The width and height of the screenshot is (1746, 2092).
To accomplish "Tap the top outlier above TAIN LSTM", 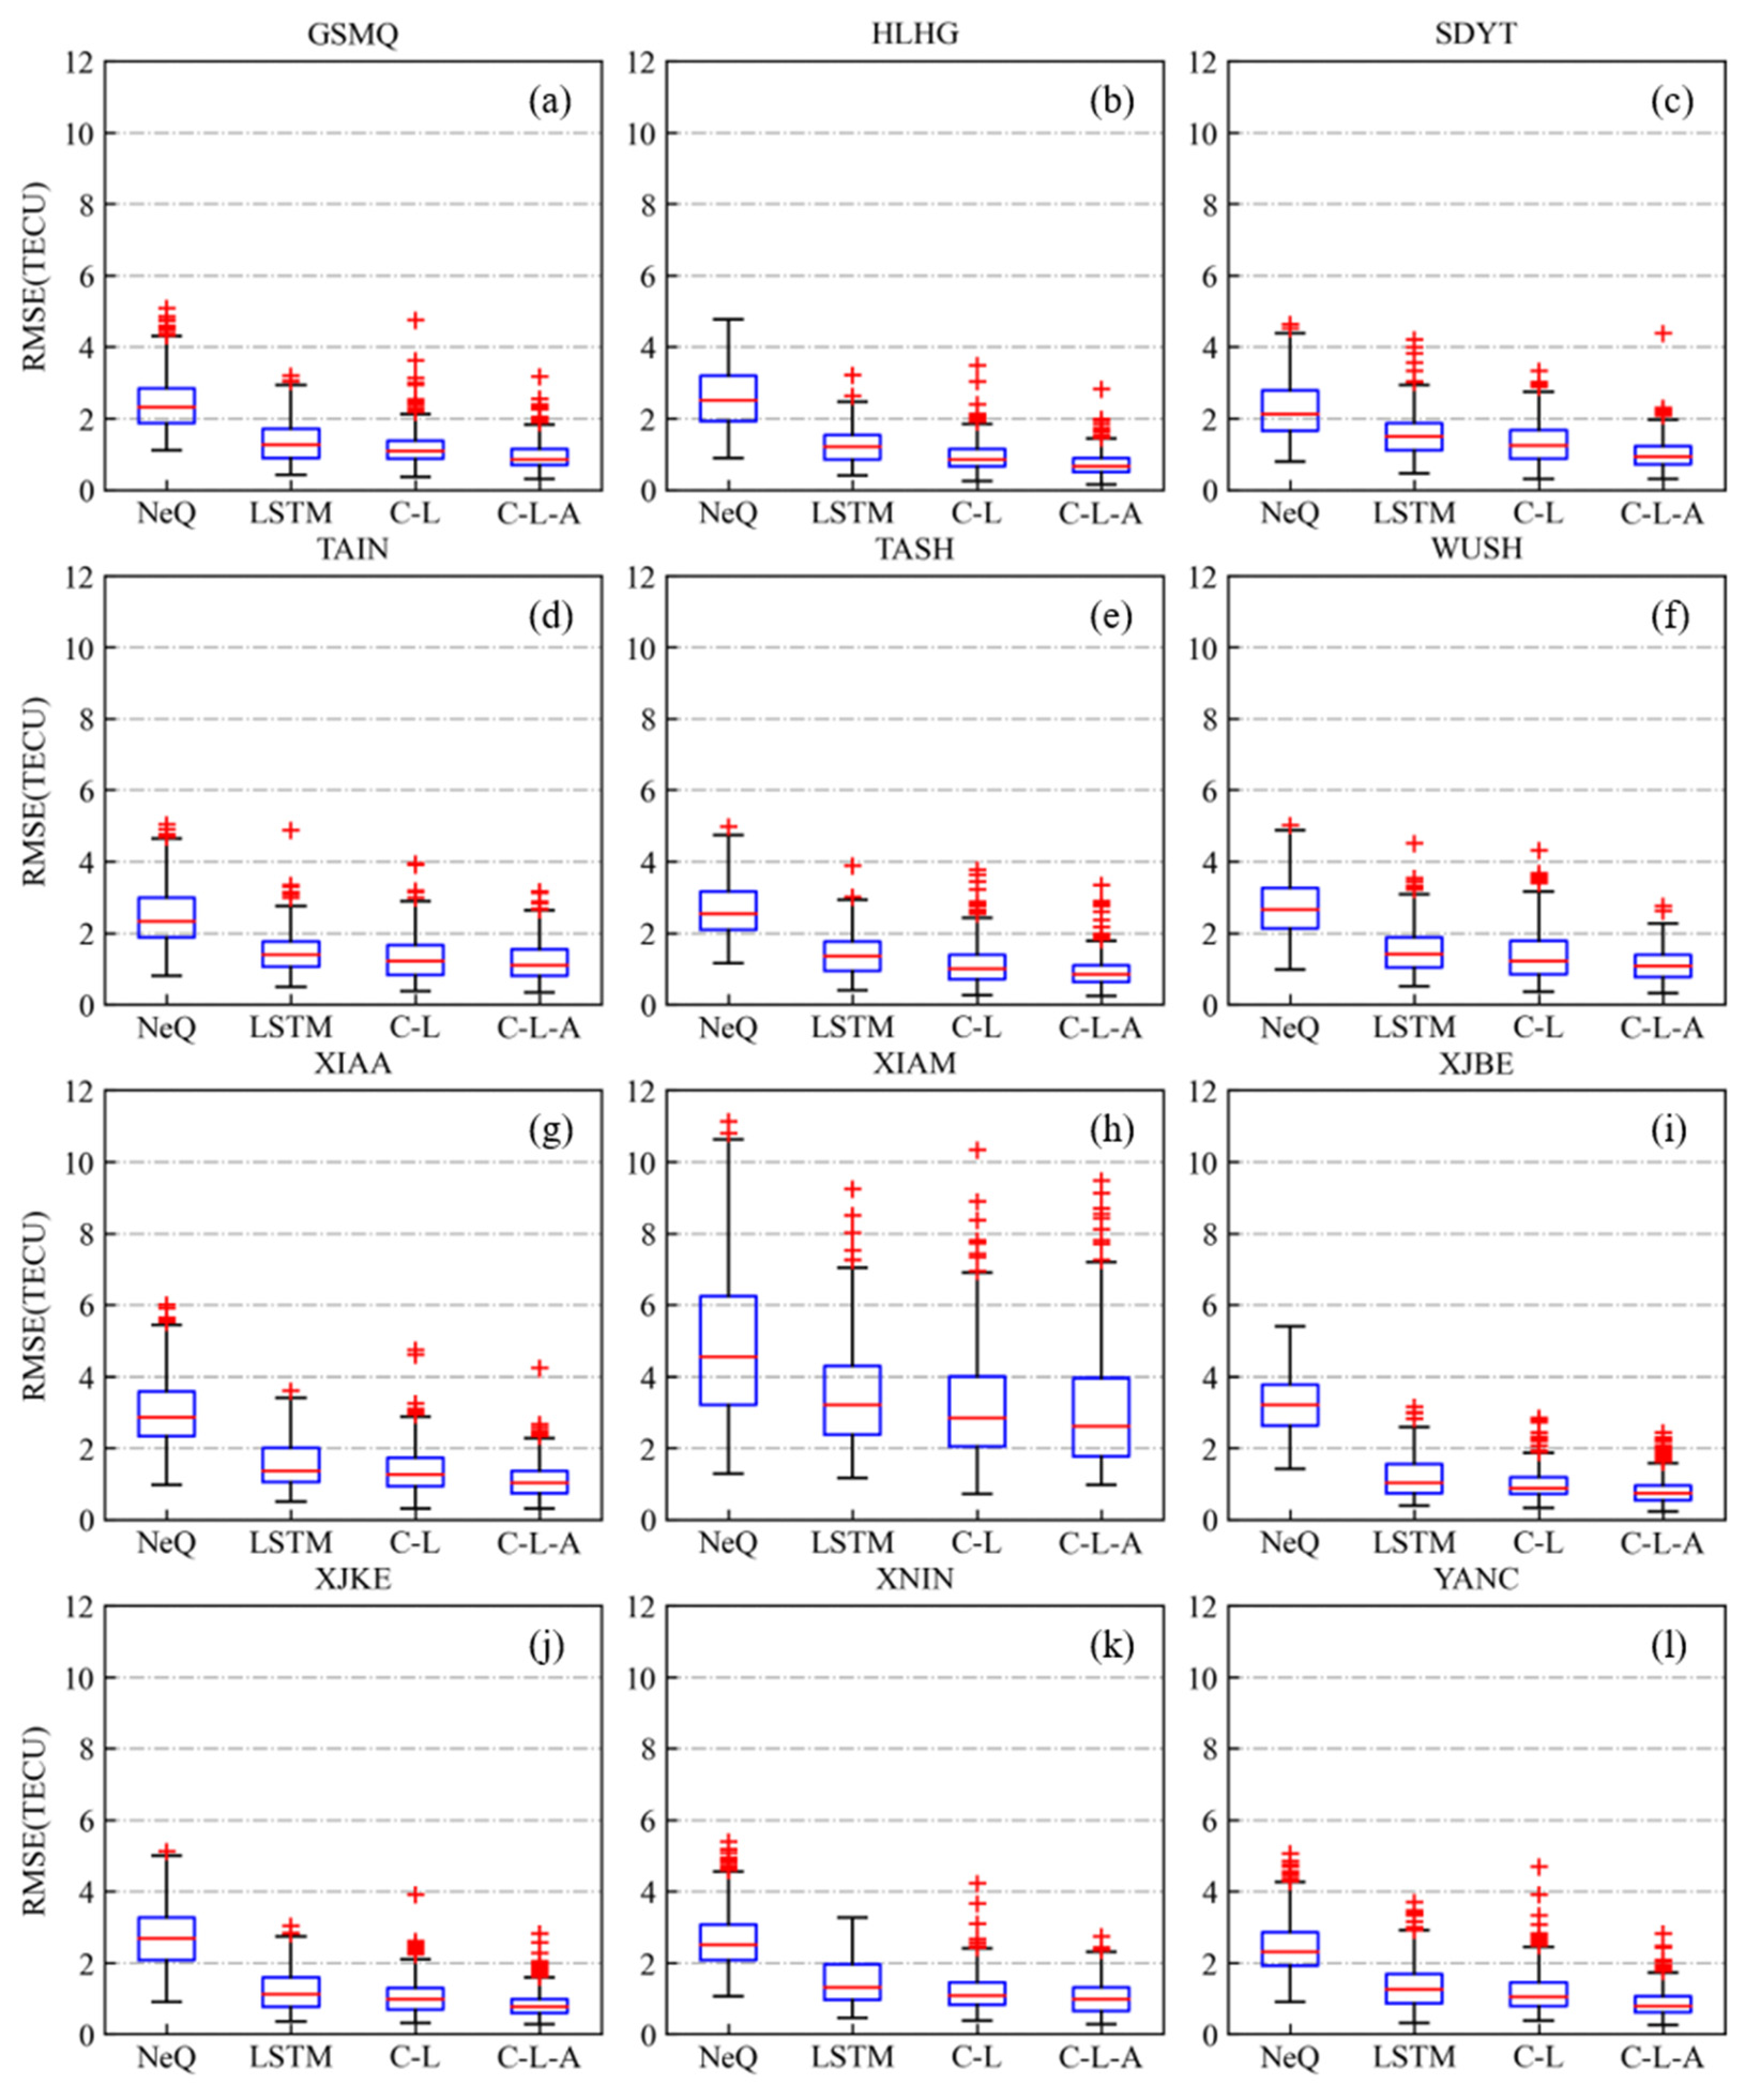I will [291, 830].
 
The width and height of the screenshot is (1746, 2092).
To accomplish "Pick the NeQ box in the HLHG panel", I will [728, 397].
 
